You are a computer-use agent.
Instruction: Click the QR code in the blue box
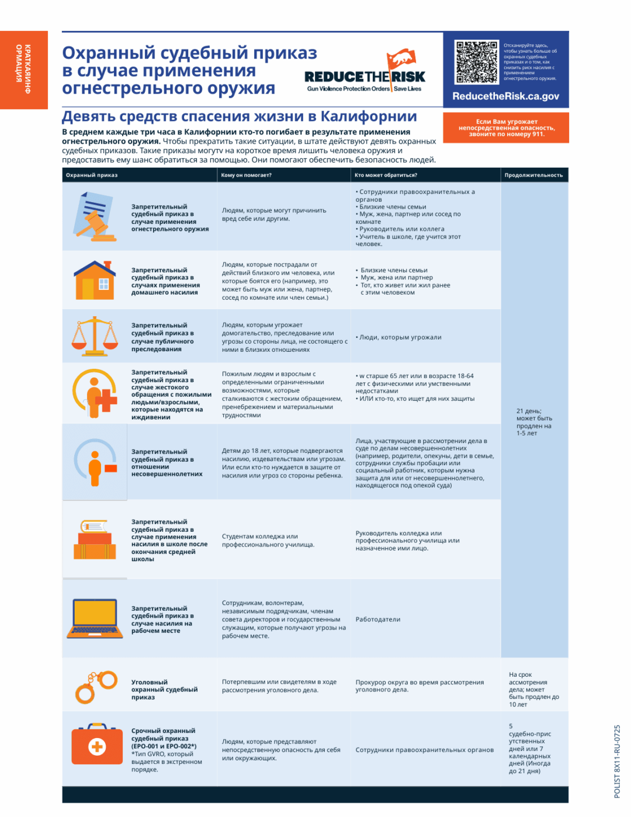(477, 63)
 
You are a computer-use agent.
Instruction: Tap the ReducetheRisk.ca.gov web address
(505, 96)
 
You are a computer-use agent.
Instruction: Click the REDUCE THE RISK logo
(365, 74)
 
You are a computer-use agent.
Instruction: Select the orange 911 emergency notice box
(506, 128)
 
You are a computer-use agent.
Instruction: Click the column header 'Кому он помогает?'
(246, 175)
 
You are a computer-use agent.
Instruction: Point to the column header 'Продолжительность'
(533, 175)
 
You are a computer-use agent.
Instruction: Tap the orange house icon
(95, 281)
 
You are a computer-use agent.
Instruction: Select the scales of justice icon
(95, 336)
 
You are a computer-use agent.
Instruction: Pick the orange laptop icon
(95, 618)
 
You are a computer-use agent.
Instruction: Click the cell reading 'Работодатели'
(378, 619)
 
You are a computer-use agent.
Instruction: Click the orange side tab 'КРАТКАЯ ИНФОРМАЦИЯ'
(24, 70)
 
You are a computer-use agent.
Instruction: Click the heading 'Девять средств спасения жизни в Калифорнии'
(240, 117)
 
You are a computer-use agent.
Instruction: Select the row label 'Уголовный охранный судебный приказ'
(164, 690)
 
